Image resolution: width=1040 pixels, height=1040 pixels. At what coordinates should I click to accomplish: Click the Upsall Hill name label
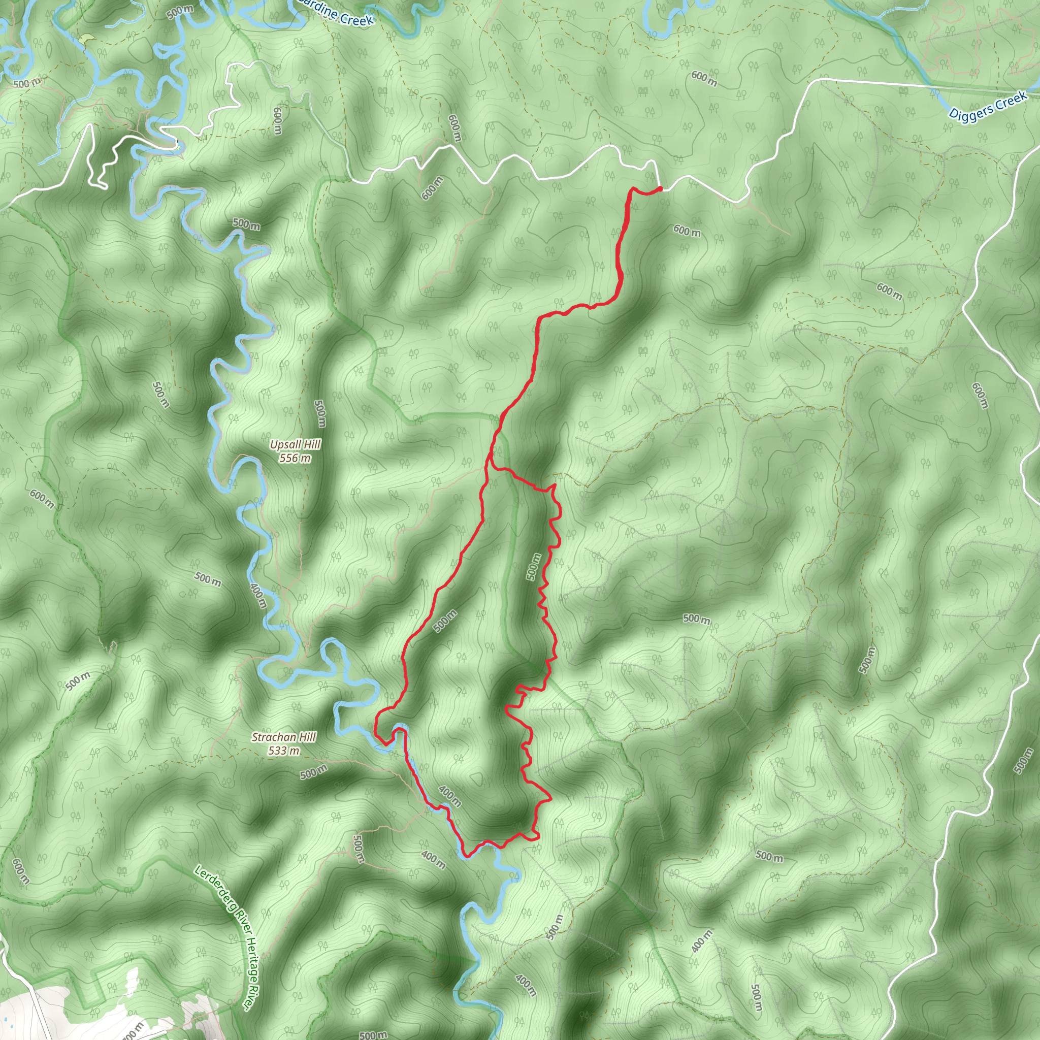[x=296, y=445]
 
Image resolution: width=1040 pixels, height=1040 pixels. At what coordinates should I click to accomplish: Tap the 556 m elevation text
[x=295, y=458]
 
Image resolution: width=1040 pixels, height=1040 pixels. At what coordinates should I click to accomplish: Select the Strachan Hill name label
[x=284, y=737]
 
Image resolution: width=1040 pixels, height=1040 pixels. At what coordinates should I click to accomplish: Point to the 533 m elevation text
[x=284, y=750]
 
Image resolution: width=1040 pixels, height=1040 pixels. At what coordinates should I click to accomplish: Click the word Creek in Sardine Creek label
[x=355, y=20]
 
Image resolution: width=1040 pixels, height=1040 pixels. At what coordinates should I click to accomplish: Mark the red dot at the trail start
[x=660, y=188]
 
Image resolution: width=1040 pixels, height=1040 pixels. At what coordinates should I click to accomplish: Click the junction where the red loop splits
[x=489, y=462]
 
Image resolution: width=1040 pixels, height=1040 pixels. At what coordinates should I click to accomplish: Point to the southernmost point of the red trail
[x=466, y=855]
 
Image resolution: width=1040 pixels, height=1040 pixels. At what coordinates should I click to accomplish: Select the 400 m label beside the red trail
[x=449, y=796]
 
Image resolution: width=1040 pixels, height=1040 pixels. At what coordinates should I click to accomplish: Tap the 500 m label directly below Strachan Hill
[x=313, y=772]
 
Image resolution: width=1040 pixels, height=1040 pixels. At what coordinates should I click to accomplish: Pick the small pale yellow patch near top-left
[x=86, y=39]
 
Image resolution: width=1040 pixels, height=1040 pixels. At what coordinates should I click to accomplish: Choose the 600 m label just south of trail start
[x=687, y=231]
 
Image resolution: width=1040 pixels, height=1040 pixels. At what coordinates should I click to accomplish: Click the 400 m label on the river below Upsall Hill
[x=259, y=594]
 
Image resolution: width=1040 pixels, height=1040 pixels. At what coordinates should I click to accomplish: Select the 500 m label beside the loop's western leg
[x=445, y=621]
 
